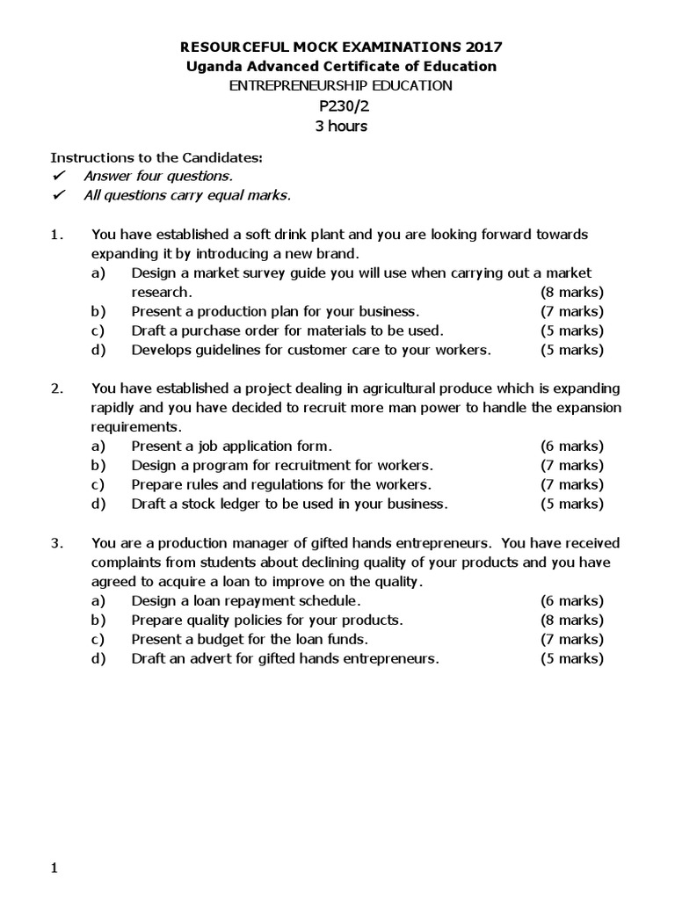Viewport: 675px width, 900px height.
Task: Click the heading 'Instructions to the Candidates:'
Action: click(156, 158)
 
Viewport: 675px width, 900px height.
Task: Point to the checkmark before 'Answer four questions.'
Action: click(58, 176)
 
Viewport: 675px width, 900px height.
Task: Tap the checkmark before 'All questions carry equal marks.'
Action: click(58, 195)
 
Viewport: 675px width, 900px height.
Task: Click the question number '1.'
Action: click(57, 235)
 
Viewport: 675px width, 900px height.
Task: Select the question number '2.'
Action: click(57, 388)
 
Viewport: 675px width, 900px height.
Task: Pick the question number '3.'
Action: click(57, 543)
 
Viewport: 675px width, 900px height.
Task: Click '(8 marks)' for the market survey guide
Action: click(571, 292)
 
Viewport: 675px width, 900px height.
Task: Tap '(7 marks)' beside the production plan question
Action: click(571, 311)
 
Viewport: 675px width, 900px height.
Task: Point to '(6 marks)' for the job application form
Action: click(571, 446)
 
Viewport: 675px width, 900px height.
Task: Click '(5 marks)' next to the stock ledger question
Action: click(571, 504)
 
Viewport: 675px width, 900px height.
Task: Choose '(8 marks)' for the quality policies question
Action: click(571, 621)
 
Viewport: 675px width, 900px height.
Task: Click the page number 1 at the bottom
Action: click(54, 869)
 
